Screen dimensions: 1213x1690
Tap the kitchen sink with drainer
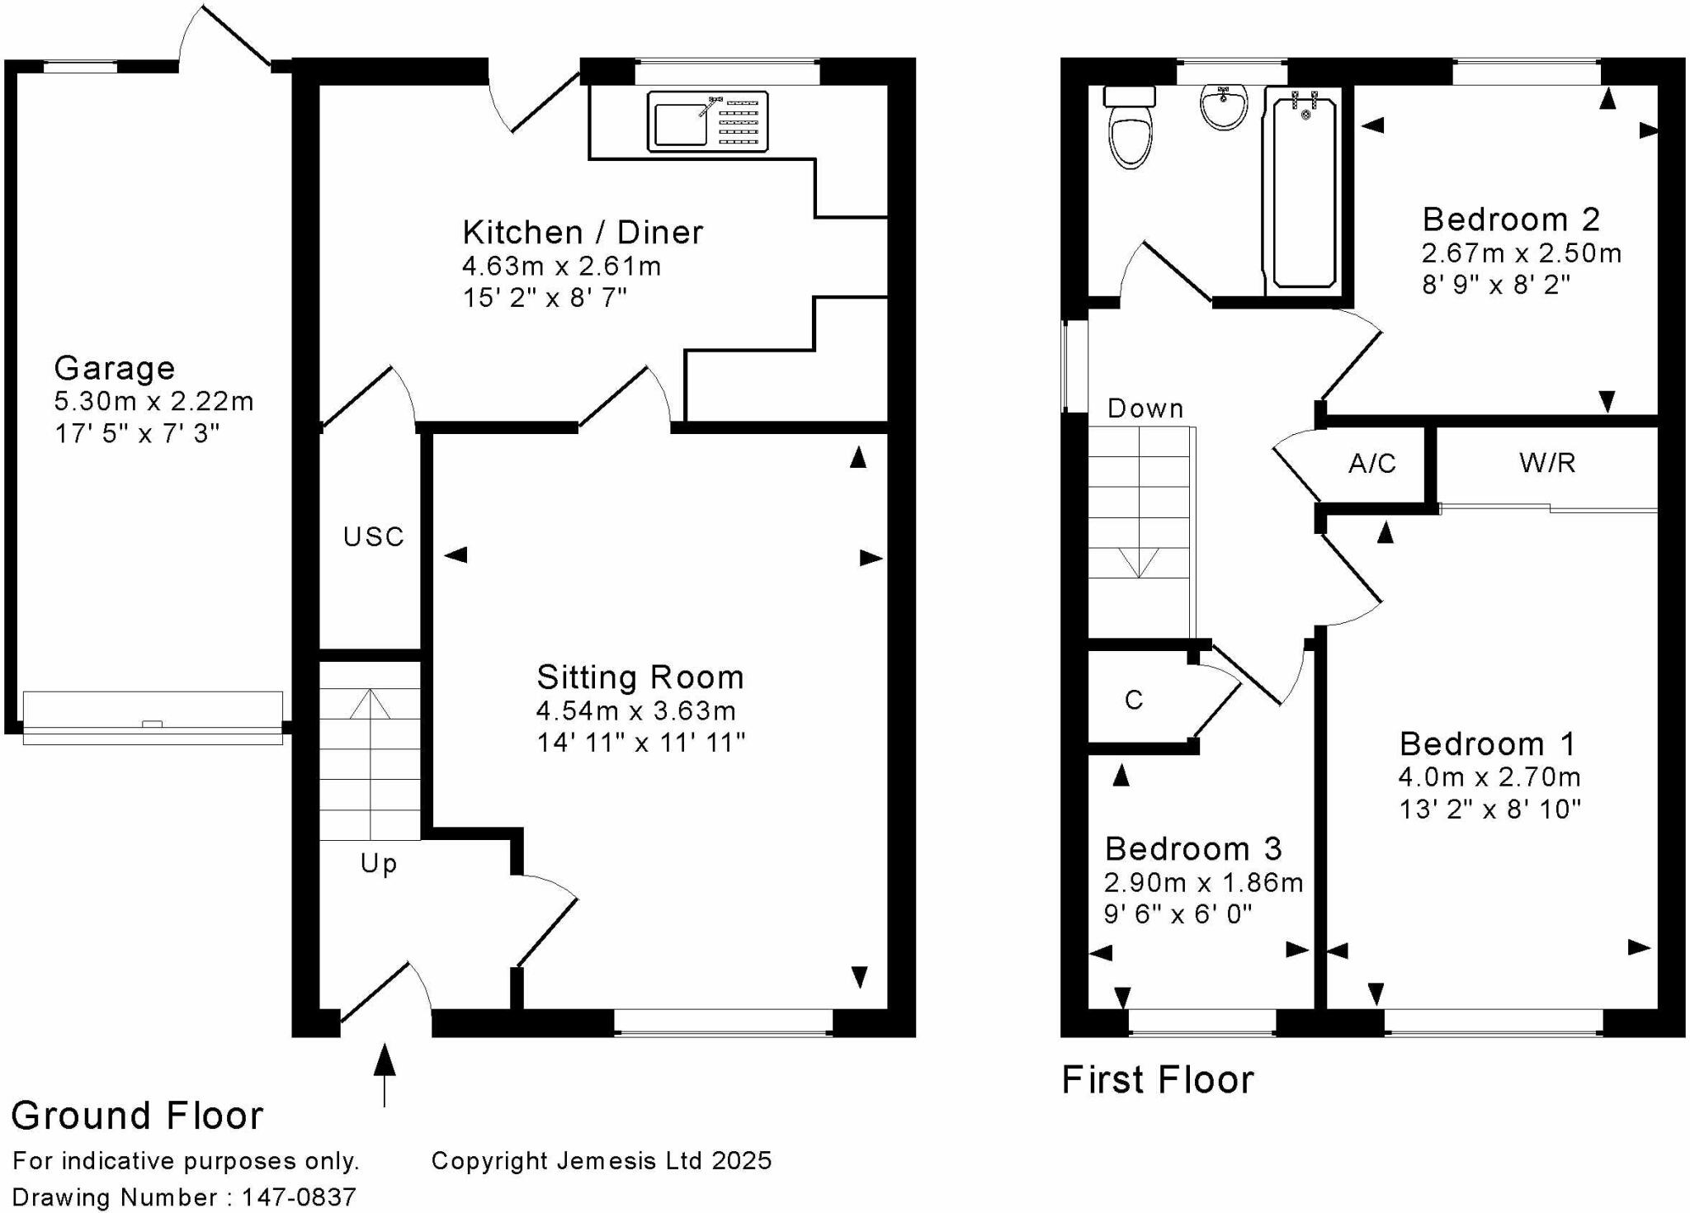click(707, 122)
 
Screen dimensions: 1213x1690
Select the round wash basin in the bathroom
click(1224, 107)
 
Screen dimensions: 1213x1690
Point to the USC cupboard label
click(373, 537)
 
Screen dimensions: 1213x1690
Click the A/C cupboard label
click(1372, 464)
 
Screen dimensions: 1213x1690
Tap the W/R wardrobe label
click(1547, 463)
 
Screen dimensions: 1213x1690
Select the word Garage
click(115, 368)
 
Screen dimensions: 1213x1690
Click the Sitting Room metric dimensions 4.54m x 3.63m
click(635, 710)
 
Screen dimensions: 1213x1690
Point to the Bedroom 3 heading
click(1193, 848)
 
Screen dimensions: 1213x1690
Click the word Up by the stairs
click(379, 864)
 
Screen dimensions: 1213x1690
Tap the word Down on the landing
click(1145, 408)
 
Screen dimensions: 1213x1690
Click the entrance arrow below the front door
click(385, 1073)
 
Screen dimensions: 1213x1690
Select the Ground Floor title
click(137, 1116)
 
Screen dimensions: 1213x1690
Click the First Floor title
click(1157, 1079)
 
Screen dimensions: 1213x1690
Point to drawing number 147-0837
click(299, 1197)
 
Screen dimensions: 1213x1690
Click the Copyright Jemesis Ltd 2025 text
click(601, 1161)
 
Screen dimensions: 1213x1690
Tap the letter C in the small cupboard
click(1134, 700)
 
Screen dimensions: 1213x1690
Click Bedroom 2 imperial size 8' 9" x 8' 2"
click(1495, 285)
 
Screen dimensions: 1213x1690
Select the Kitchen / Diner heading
click(583, 233)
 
